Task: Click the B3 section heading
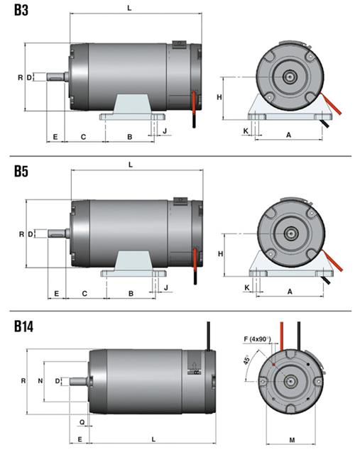coord(21,10)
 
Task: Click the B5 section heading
coord(21,171)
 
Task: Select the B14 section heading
coord(23,326)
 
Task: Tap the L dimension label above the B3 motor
coord(129,8)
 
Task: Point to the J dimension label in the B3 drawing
coord(165,131)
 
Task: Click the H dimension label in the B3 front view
coord(219,97)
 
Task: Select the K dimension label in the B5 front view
coord(247,287)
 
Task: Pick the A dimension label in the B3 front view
coord(288,135)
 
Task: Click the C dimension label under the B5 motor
coord(84,293)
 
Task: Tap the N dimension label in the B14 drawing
coord(40,380)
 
